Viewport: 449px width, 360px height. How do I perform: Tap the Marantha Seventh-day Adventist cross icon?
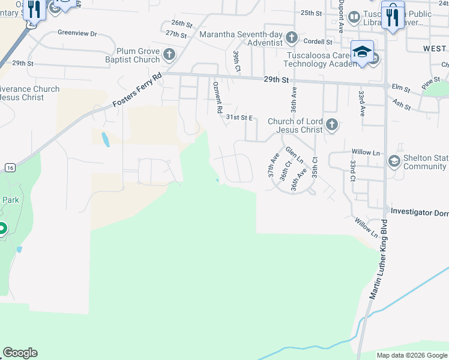(291, 38)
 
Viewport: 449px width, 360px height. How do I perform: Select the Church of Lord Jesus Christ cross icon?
(332, 125)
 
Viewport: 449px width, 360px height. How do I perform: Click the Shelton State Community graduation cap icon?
(394, 160)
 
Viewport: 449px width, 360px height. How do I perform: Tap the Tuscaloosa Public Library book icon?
(354, 16)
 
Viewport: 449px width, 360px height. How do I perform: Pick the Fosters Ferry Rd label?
(137, 91)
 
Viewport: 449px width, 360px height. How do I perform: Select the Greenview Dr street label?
(77, 34)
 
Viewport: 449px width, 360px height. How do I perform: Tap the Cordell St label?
(318, 42)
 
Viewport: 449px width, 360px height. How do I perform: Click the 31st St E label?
(239, 118)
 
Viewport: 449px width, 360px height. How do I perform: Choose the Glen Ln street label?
(294, 156)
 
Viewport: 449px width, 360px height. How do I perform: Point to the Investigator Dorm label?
(420, 212)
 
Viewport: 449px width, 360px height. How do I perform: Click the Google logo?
(20, 353)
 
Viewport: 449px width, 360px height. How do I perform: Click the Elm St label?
(400, 89)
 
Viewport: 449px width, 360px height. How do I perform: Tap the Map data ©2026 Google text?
(411, 355)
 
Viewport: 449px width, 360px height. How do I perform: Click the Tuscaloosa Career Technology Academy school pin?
(363, 53)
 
